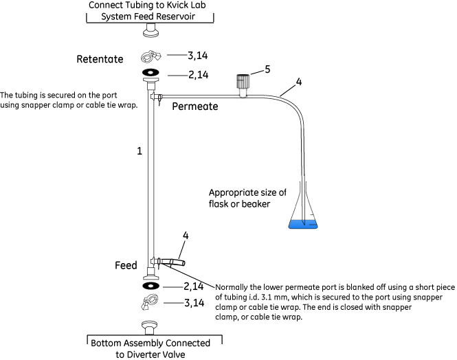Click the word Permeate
[x=195, y=107]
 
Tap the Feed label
[x=126, y=265]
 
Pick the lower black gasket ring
[x=151, y=285]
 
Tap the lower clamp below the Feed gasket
[x=151, y=302]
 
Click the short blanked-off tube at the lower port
[x=171, y=262]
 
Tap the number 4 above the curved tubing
[x=298, y=82]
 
